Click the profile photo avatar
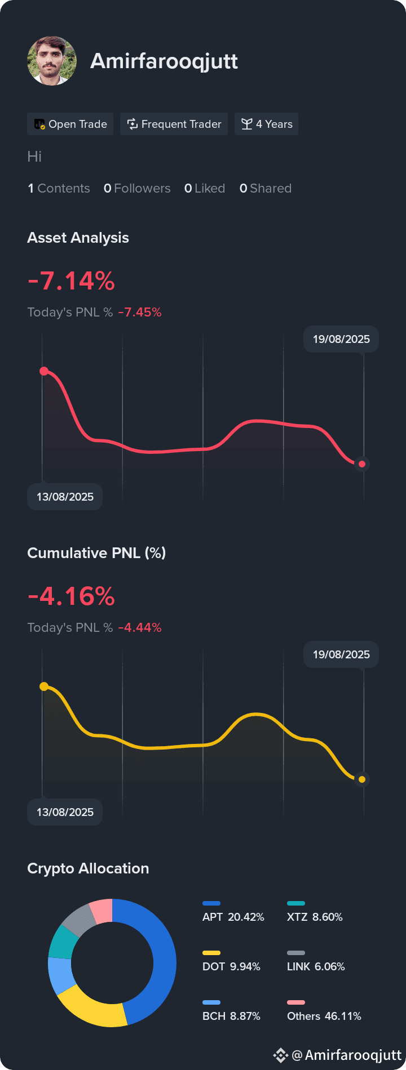pos(52,61)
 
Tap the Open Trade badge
pos(70,124)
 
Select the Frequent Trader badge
pos(174,124)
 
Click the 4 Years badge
pos(267,124)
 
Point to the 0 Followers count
pos(137,188)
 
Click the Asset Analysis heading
pos(78,238)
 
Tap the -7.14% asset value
pos(71,280)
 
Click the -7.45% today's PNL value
pos(140,312)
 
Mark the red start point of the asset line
pos(44,371)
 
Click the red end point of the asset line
pos(362,464)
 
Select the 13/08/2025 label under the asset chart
pos(65,497)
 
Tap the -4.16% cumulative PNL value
pos(71,596)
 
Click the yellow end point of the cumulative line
pos(362,779)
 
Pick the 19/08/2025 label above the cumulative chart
pos(341,654)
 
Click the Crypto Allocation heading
pos(88,868)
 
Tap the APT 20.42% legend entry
pos(233,912)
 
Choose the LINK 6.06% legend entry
pos(316,962)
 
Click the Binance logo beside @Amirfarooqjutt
pos(280,1055)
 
